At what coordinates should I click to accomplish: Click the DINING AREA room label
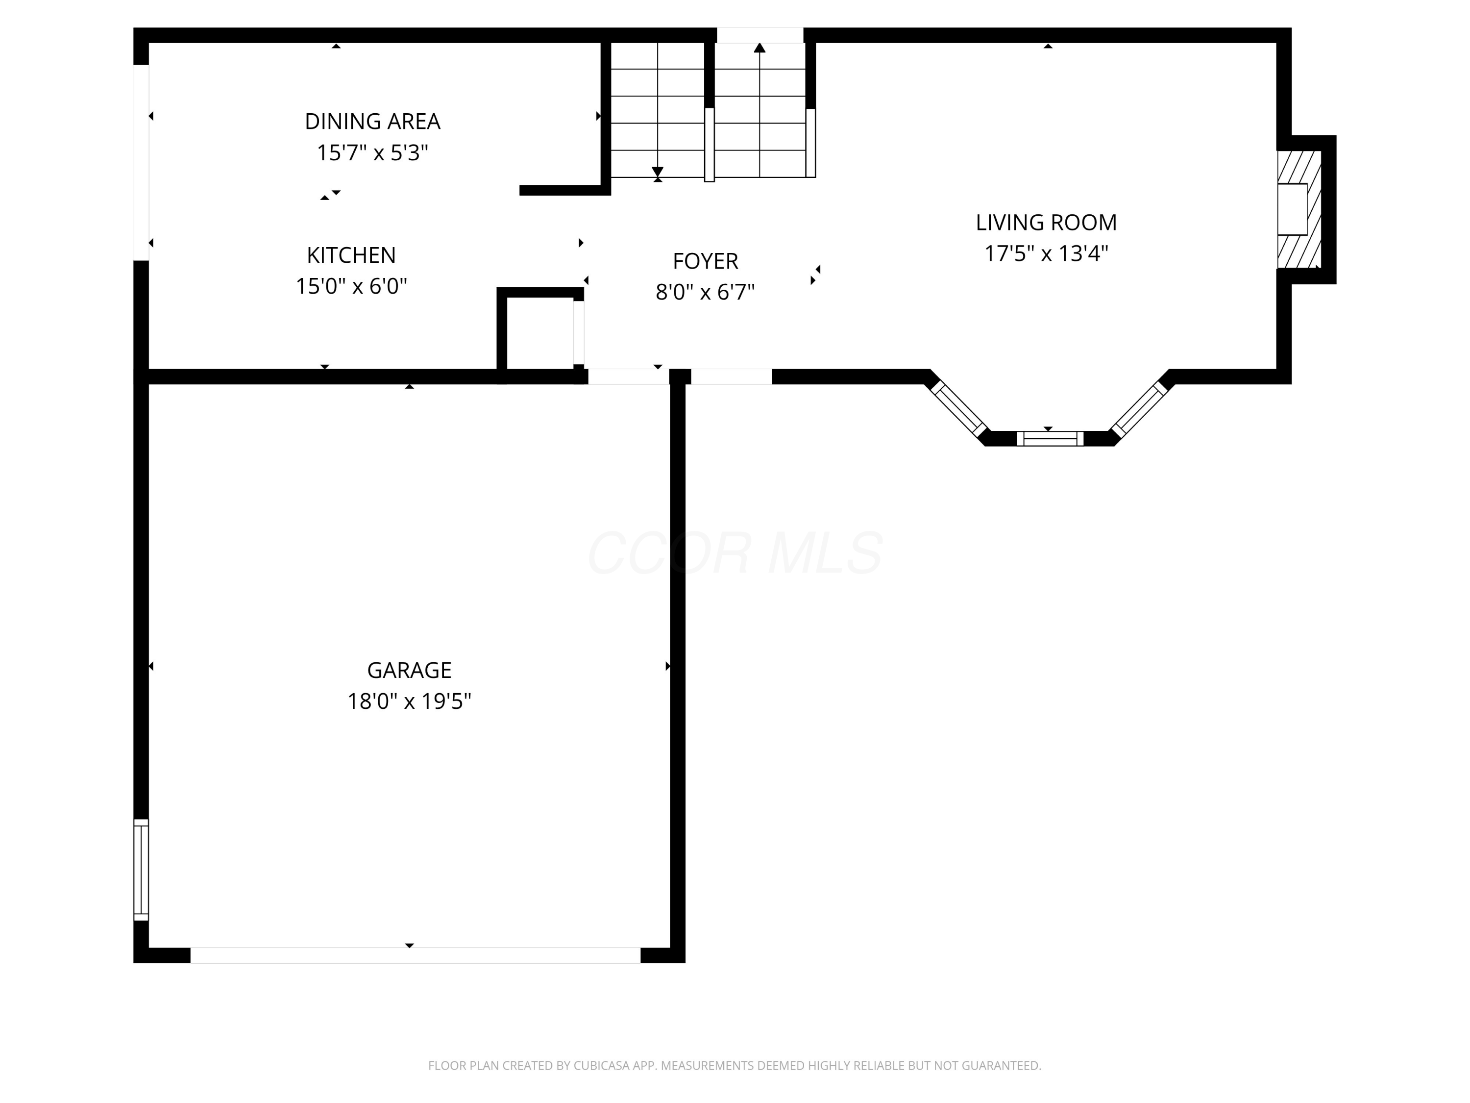tap(372, 121)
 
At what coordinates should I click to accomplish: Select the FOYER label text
tap(705, 261)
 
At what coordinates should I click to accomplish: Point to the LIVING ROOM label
tap(1046, 222)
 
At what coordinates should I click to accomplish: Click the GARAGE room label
tap(409, 670)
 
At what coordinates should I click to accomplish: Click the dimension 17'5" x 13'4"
tap(1046, 253)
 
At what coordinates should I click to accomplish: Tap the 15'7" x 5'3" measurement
tap(372, 152)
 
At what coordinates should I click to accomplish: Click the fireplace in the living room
tap(1299, 209)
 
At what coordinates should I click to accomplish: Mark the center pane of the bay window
tap(1050, 439)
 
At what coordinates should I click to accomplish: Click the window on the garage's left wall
tap(141, 870)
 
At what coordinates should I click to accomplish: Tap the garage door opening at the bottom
tap(416, 955)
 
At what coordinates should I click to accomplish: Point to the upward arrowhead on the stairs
tap(759, 47)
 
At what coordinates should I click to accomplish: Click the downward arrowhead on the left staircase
tap(657, 172)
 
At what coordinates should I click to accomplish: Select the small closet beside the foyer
tap(540, 332)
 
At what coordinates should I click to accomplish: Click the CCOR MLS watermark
tap(735, 552)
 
